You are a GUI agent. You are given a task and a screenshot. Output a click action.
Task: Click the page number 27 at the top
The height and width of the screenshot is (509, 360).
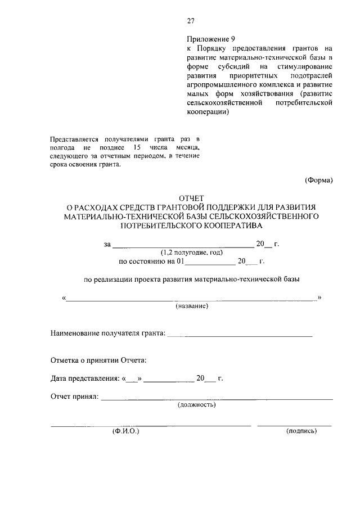click(x=191, y=21)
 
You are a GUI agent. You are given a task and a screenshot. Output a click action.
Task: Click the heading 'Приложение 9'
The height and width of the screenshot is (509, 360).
click(x=211, y=39)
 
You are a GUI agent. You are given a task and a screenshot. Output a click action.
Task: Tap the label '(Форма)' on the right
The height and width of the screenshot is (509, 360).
click(x=319, y=180)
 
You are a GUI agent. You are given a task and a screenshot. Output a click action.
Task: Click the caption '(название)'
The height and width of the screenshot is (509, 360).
click(x=192, y=305)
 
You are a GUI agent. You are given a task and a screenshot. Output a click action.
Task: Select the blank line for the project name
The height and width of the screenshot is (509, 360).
click(x=191, y=299)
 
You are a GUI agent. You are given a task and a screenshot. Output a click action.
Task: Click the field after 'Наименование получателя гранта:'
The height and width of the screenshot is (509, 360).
click(x=240, y=335)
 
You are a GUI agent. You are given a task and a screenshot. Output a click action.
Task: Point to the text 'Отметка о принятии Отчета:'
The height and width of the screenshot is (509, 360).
click(x=99, y=359)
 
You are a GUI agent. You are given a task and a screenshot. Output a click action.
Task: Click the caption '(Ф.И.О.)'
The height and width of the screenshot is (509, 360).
click(x=124, y=431)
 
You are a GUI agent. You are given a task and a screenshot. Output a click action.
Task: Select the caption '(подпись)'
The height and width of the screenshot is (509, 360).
click(x=301, y=431)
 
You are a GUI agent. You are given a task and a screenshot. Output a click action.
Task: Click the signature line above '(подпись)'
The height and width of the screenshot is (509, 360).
click(x=294, y=425)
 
